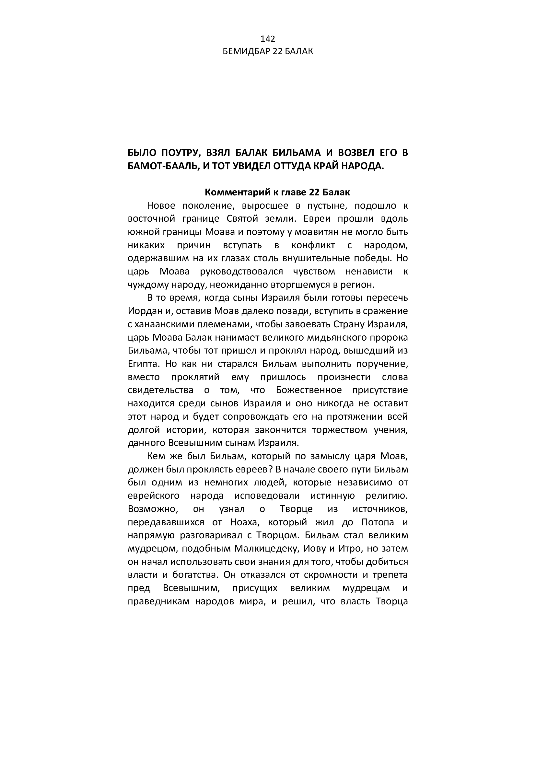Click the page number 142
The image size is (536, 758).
pyautogui.click(x=268, y=39)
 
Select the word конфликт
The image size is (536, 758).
pyautogui.click(x=313, y=245)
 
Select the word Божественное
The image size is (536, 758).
pyautogui.click(x=309, y=390)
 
